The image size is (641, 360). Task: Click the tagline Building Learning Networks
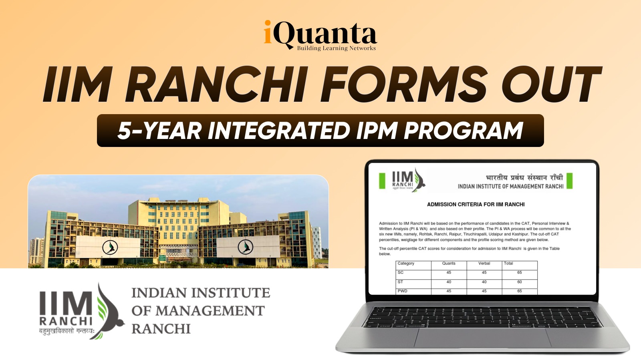pyautogui.click(x=336, y=48)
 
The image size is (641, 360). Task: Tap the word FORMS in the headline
pyautogui.click(x=403, y=84)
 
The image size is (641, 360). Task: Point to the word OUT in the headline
pyautogui.click(x=551, y=84)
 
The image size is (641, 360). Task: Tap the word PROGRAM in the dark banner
pyautogui.click(x=463, y=131)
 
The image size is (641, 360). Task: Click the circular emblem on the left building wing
pyautogui.click(x=110, y=247)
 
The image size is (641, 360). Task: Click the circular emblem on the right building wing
pyautogui.click(x=246, y=247)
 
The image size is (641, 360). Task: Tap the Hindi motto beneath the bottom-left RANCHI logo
pyautogui.click(x=67, y=331)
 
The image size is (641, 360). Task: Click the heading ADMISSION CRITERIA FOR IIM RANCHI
pyautogui.click(x=476, y=205)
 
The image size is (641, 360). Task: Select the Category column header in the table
pyautogui.click(x=406, y=263)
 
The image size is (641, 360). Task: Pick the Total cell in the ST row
pyautogui.click(x=519, y=282)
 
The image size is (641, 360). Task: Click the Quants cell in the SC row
pyautogui.click(x=449, y=272)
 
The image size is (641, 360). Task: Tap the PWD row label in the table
pyautogui.click(x=402, y=291)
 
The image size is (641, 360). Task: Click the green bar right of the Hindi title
pyautogui.click(x=569, y=181)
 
